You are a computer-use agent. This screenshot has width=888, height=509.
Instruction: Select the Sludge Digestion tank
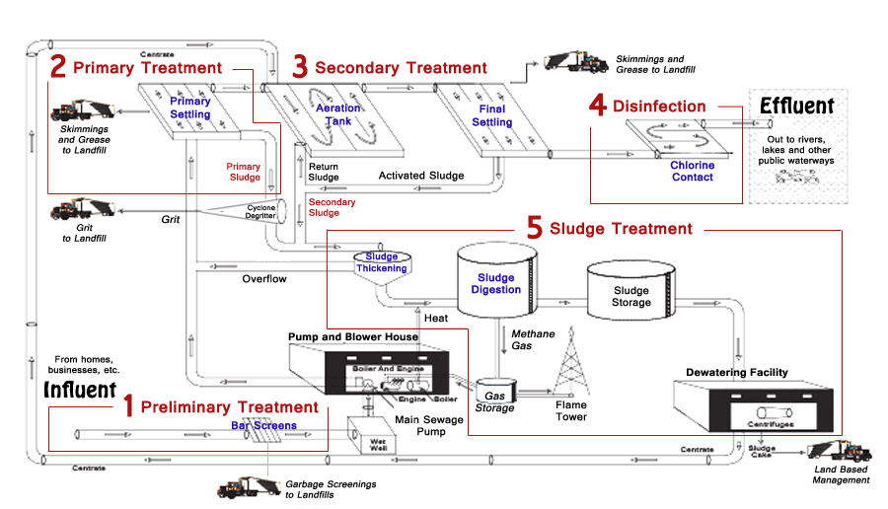pos(496,285)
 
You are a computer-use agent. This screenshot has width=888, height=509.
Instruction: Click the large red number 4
pos(597,106)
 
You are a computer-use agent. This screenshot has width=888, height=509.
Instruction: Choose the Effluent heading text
pos(796,107)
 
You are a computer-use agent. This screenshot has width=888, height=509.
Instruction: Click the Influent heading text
pos(80,391)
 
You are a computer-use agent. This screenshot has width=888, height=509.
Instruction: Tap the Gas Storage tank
pos(493,395)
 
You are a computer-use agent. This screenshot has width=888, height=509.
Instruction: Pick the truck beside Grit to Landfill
pos(83,210)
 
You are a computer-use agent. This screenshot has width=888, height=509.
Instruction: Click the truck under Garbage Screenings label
pos(248,486)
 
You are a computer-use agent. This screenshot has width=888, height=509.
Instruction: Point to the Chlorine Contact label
pos(692,171)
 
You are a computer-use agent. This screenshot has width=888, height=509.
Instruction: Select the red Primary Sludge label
pos(243,172)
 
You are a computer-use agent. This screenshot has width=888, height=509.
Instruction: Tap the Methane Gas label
pos(533,340)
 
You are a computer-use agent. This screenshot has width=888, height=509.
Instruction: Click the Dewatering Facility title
pos(737,372)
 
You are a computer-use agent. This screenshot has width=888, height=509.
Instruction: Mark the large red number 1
pos(127,406)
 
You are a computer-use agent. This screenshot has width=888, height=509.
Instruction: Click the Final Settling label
pos(491,115)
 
